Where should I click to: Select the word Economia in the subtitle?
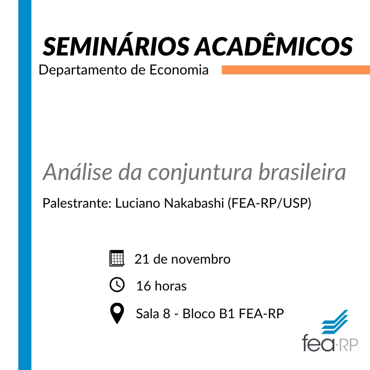(179, 70)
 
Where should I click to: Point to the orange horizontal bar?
(296, 70)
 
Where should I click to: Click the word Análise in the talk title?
(78, 172)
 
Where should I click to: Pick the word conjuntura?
(200, 173)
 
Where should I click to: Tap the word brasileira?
(302, 172)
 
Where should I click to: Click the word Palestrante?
(77, 203)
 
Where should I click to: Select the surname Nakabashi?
(194, 203)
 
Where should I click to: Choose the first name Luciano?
(137, 203)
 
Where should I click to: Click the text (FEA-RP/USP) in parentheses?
(269, 203)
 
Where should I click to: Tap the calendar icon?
(117, 258)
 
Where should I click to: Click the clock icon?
(117, 284)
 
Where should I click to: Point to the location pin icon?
(117, 313)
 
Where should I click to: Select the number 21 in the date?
(142, 259)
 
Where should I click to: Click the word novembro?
(201, 259)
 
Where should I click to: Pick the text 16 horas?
(161, 286)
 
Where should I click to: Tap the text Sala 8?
(153, 314)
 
